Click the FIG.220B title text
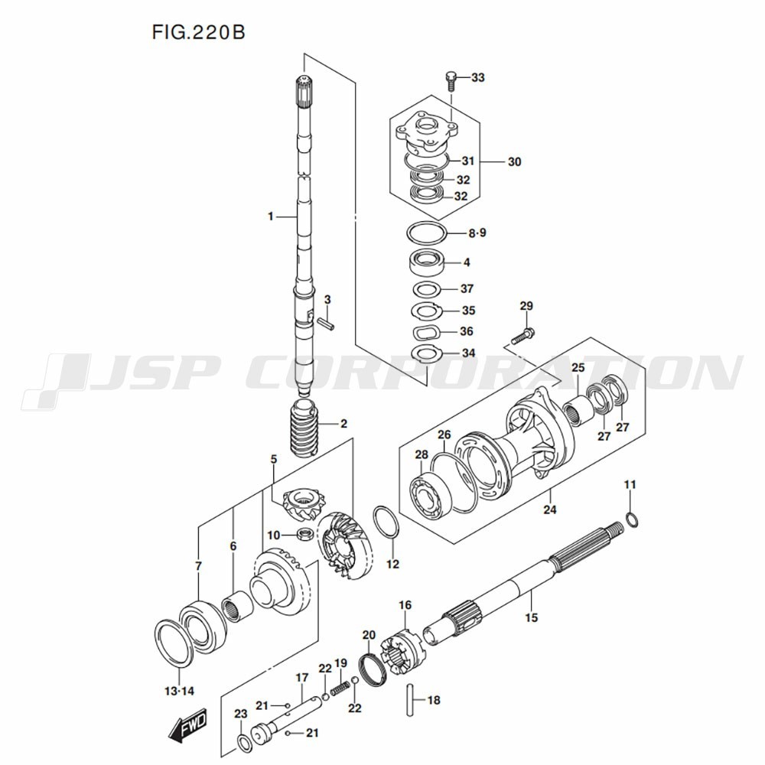click(199, 32)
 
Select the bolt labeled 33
click(451, 81)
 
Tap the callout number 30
click(514, 161)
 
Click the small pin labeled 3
click(325, 323)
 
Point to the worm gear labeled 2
click(304, 428)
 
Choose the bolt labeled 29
click(523, 337)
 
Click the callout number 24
click(550, 509)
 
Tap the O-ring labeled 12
click(386, 523)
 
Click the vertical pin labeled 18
click(411, 700)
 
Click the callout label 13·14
click(179, 691)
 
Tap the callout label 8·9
click(477, 233)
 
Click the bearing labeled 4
click(427, 262)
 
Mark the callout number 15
click(532, 617)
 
